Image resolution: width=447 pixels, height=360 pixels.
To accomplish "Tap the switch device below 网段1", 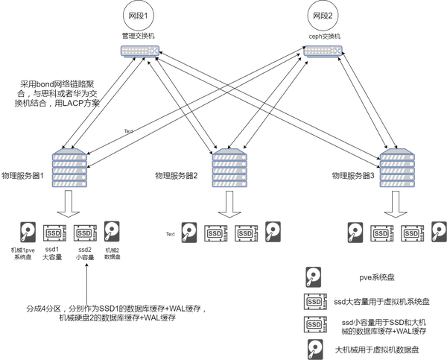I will pos(139,51).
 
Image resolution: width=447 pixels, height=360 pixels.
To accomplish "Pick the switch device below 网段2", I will pos(323,51).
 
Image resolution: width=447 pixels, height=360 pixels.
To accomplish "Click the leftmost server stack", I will pos(69,168).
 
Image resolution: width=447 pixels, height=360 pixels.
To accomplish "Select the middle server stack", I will pos(230,168).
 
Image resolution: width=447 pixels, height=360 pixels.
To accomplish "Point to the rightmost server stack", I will pos(397,168).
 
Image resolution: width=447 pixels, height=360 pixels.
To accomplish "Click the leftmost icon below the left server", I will pos(28,233).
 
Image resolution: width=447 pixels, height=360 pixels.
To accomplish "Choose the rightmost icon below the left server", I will pos(112,231).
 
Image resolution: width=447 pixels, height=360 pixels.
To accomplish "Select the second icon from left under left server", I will pos(54,233).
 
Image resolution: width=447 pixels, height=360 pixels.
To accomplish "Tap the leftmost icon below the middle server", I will pos(190,233).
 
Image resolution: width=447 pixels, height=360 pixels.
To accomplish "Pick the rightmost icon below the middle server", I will pos(273,232).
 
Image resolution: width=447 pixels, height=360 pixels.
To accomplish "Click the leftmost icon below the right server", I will pos(356,233).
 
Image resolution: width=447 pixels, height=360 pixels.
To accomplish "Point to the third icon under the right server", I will pos(413,233).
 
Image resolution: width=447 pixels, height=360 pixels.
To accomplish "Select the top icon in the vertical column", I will pos(314,277).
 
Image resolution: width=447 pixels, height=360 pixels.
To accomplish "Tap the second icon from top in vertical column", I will pos(314,301).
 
